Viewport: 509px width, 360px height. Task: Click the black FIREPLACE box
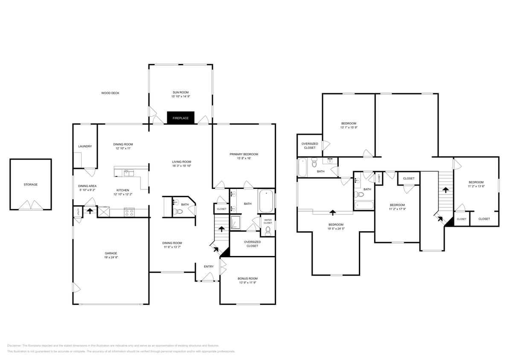coord(180,118)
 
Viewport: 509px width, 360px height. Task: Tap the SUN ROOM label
coord(180,93)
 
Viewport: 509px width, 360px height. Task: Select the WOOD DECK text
coord(110,93)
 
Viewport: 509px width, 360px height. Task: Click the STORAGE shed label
coord(30,184)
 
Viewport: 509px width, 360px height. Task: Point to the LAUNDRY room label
coord(85,146)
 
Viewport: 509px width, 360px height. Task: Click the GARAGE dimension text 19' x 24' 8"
coord(111,257)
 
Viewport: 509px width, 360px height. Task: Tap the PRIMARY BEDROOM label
coord(244,154)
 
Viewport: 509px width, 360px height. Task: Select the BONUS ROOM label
coord(247,279)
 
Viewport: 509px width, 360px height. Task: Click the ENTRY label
coord(209,267)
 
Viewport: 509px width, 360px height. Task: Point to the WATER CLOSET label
coord(268,221)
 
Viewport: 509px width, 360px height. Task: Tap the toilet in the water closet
coord(268,231)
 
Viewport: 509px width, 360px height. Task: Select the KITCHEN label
coord(123,190)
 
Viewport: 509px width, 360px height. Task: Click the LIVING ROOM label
coord(181,162)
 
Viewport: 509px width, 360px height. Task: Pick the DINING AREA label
coord(87,186)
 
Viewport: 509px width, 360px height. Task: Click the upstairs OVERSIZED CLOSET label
coord(309,145)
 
